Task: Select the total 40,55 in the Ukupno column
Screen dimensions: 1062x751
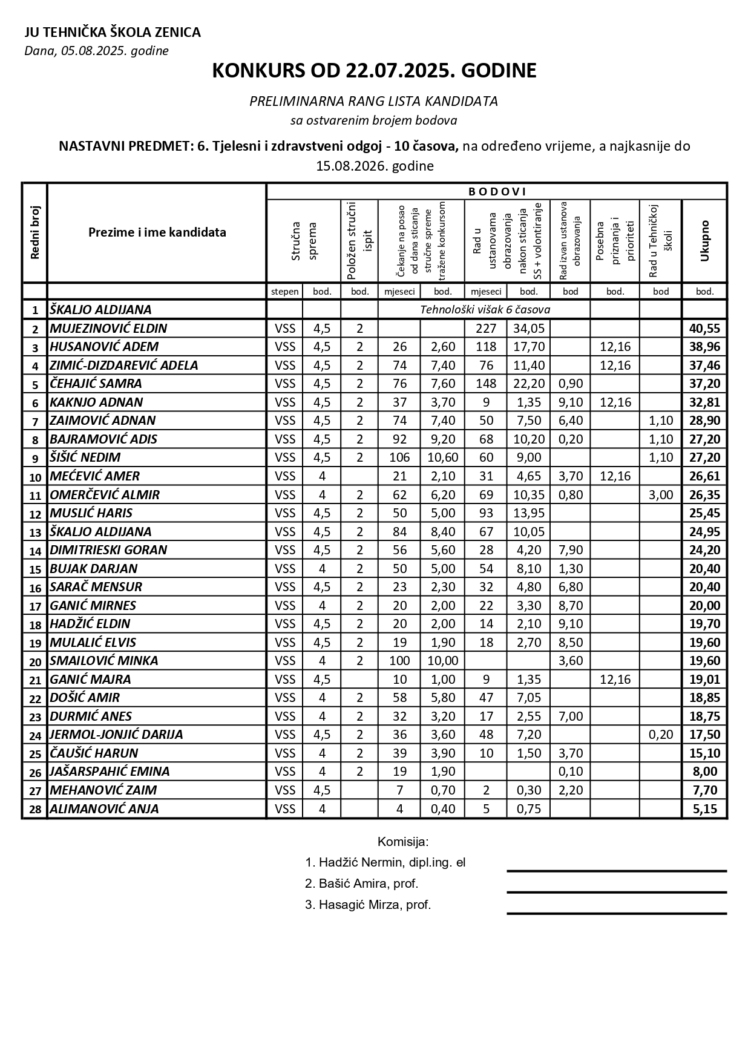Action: click(704, 329)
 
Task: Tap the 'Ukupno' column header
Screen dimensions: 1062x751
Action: click(704, 241)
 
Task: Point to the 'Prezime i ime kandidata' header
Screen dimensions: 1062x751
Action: click(157, 232)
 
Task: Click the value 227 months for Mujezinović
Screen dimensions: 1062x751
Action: click(486, 329)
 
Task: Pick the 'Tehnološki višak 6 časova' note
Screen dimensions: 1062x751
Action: click(485, 310)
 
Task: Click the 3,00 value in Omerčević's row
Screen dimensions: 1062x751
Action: click(661, 494)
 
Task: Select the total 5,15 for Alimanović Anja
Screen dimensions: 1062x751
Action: click(704, 808)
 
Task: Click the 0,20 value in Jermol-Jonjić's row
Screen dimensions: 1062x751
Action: click(661, 735)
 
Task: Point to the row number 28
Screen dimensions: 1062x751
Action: click(35, 809)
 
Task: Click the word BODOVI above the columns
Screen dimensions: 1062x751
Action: click(497, 192)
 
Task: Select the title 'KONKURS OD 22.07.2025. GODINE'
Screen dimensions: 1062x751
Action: click(375, 71)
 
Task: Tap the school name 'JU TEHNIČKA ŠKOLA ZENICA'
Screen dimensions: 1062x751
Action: click(113, 33)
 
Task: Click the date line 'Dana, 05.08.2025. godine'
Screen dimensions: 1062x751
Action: click(96, 51)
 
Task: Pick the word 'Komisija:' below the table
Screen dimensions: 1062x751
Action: click(403, 841)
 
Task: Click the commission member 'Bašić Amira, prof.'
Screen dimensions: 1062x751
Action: click(362, 883)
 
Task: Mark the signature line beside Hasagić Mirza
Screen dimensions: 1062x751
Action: click(617, 913)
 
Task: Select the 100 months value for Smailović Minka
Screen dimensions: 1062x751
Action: click(399, 661)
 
